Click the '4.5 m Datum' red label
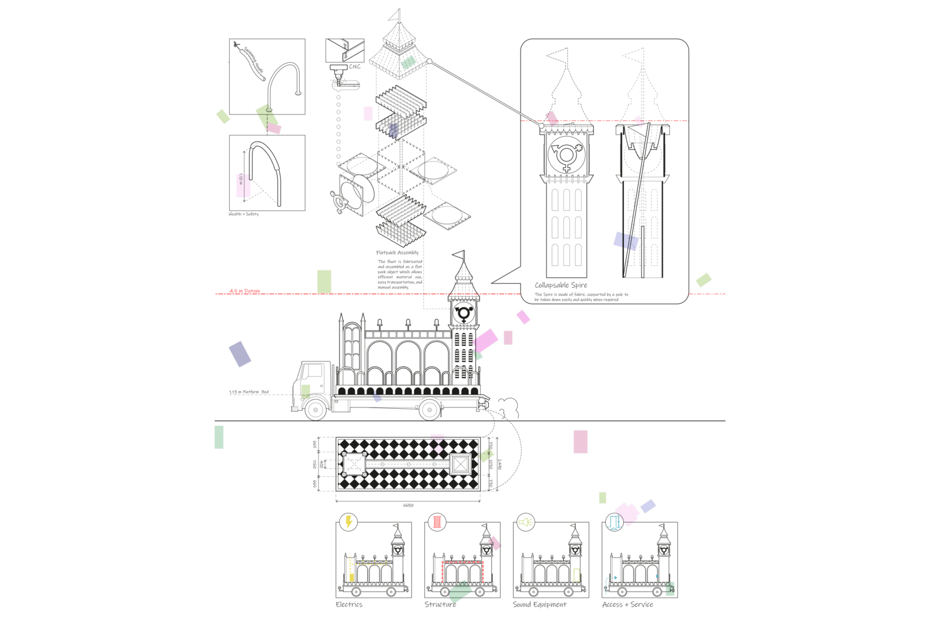244,291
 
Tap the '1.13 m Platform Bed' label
249,392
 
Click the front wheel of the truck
316,409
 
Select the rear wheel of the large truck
430,409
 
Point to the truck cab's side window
312,371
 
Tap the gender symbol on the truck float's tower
464,314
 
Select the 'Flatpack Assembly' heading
397,253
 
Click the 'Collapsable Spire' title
560,285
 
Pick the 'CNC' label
355,66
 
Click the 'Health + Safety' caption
243,214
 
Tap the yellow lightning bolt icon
349,521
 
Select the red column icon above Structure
437,521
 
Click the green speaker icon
526,521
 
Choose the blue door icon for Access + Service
615,521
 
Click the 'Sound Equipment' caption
539,604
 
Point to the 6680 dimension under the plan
408,505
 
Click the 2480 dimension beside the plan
499,464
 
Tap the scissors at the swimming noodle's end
236,45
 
